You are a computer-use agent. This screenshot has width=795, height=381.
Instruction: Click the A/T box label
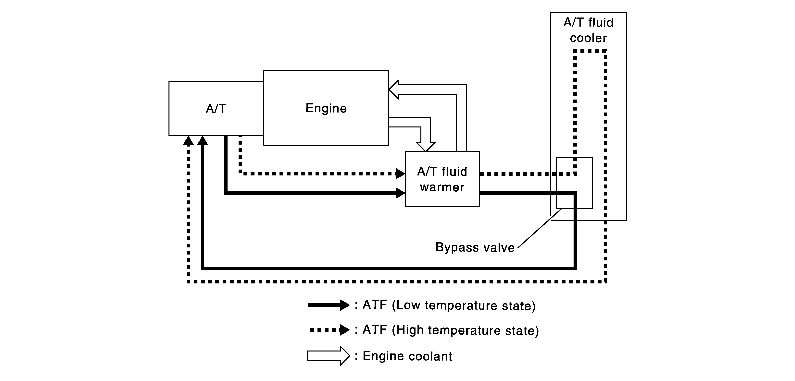tap(216, 109)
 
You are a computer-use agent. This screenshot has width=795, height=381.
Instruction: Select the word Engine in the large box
tap(326, 108)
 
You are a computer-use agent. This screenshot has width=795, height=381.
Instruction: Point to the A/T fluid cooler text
tap(588, 30)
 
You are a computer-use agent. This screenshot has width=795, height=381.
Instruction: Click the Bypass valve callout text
tap(475, 247)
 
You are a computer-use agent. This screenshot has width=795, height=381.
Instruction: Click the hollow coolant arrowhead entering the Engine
tap(394, 89)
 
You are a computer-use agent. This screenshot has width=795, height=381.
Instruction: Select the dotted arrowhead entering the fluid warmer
tap(400, 174)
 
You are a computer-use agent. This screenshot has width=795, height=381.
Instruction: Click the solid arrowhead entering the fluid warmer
tap(400, 193)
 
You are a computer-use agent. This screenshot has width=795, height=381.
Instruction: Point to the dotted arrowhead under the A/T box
tap(188, 141)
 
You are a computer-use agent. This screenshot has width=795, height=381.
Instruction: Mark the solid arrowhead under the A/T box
tap(203, 141)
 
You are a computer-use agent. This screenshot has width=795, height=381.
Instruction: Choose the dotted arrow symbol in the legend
tap(330, 330)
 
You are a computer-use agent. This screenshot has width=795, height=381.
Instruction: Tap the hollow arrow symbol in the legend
tap(328, 356)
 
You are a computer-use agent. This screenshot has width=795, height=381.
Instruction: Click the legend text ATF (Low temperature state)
tap(449, 305)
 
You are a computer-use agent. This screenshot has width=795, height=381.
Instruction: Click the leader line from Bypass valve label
tap(540, 228)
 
